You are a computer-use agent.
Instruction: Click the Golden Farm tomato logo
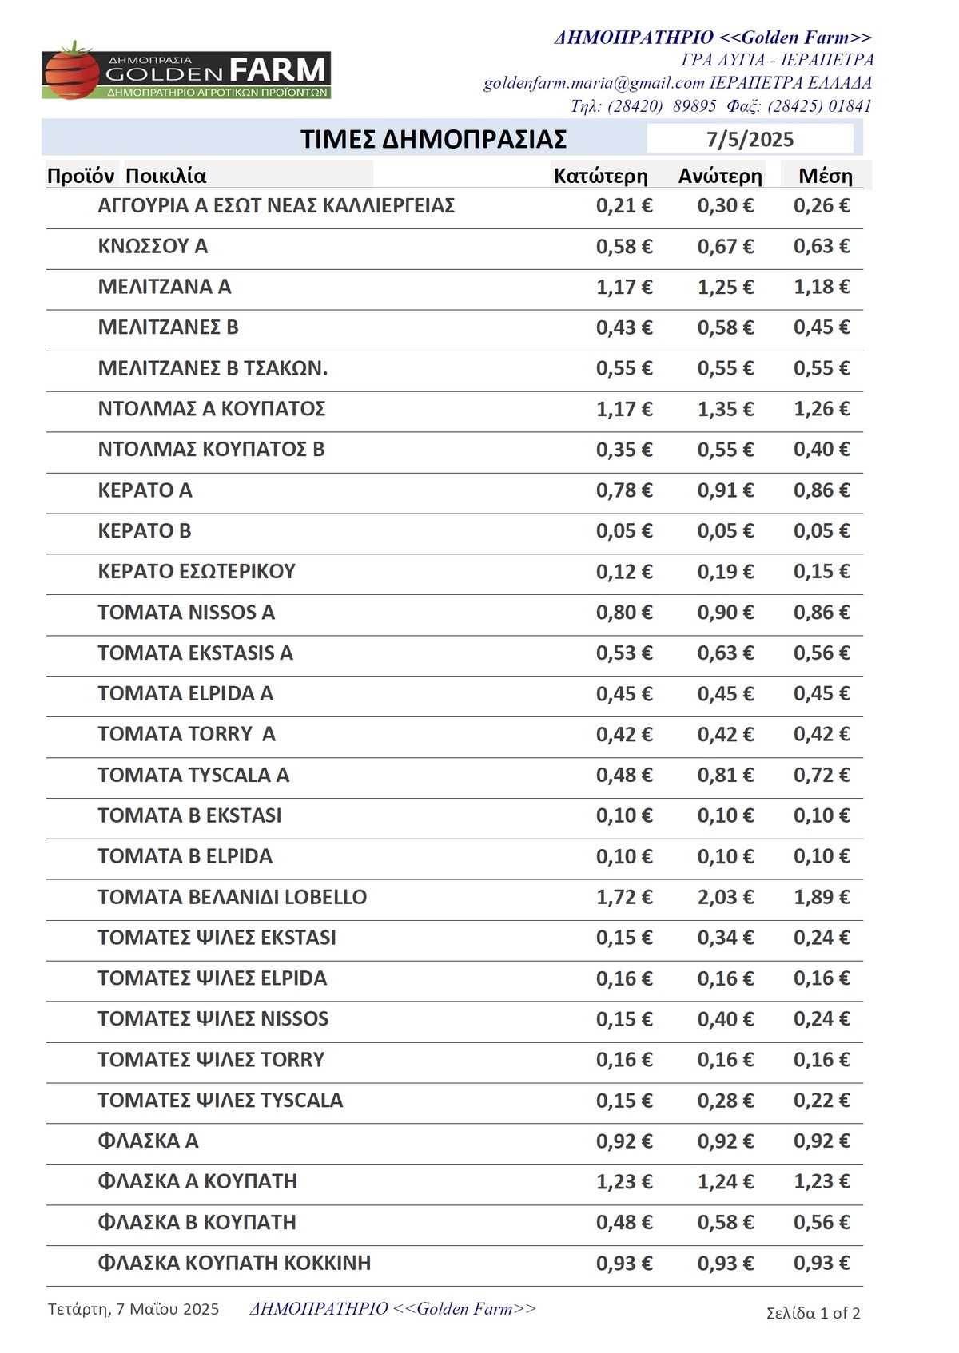click(x=185, y=72)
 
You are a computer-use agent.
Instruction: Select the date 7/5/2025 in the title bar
click(x=750, y=140)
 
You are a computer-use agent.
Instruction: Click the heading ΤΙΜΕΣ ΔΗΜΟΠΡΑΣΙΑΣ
click(x=433, y=139)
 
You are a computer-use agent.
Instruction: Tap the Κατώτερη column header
click(x=600, y=176)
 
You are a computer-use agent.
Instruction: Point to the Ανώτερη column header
click(x=720, y=176)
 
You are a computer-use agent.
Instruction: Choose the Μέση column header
click(x=825, y=176)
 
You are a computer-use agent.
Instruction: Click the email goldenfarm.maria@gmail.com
click(x=594, y=83)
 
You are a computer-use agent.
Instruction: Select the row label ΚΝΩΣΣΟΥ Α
click(x=153, y=246)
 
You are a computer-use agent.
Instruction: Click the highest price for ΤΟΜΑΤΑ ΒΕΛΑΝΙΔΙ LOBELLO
click(x=725, y=897)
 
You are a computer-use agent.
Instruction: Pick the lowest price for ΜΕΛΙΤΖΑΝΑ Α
click(x=623, y=287)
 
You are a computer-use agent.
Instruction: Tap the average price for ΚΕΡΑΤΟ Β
click(x=821, y=531)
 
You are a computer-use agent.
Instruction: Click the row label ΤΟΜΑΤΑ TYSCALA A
click(x=193, y=775)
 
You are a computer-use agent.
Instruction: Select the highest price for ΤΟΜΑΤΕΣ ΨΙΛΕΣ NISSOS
click(x=725, y=1019)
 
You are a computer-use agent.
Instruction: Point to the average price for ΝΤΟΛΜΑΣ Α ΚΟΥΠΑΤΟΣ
click(x=821, y=409)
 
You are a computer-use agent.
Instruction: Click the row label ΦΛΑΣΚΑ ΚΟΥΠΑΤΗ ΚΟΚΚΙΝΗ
click(x=234, y=1263)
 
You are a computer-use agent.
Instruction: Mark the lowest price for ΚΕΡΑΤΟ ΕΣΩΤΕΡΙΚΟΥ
click(x=623, y=572)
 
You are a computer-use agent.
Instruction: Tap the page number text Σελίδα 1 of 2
click(x=813, y=1313)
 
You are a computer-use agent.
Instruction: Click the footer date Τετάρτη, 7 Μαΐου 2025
click(x=133, y=1309)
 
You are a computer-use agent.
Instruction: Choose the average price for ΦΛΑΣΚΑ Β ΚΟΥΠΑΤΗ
click(x=821, y=1222)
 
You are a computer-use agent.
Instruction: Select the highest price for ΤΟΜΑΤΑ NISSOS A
click(x=725, y=613)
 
